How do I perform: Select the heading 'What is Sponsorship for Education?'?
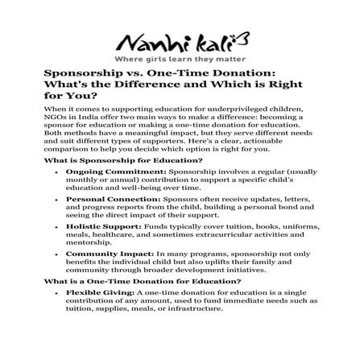tap(122, 161)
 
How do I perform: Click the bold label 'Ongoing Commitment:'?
tap(114, 172)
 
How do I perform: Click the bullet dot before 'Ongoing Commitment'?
tap(56, 173)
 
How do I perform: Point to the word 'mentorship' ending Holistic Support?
tap(88, 242)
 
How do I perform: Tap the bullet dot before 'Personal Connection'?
tap(56, 199)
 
